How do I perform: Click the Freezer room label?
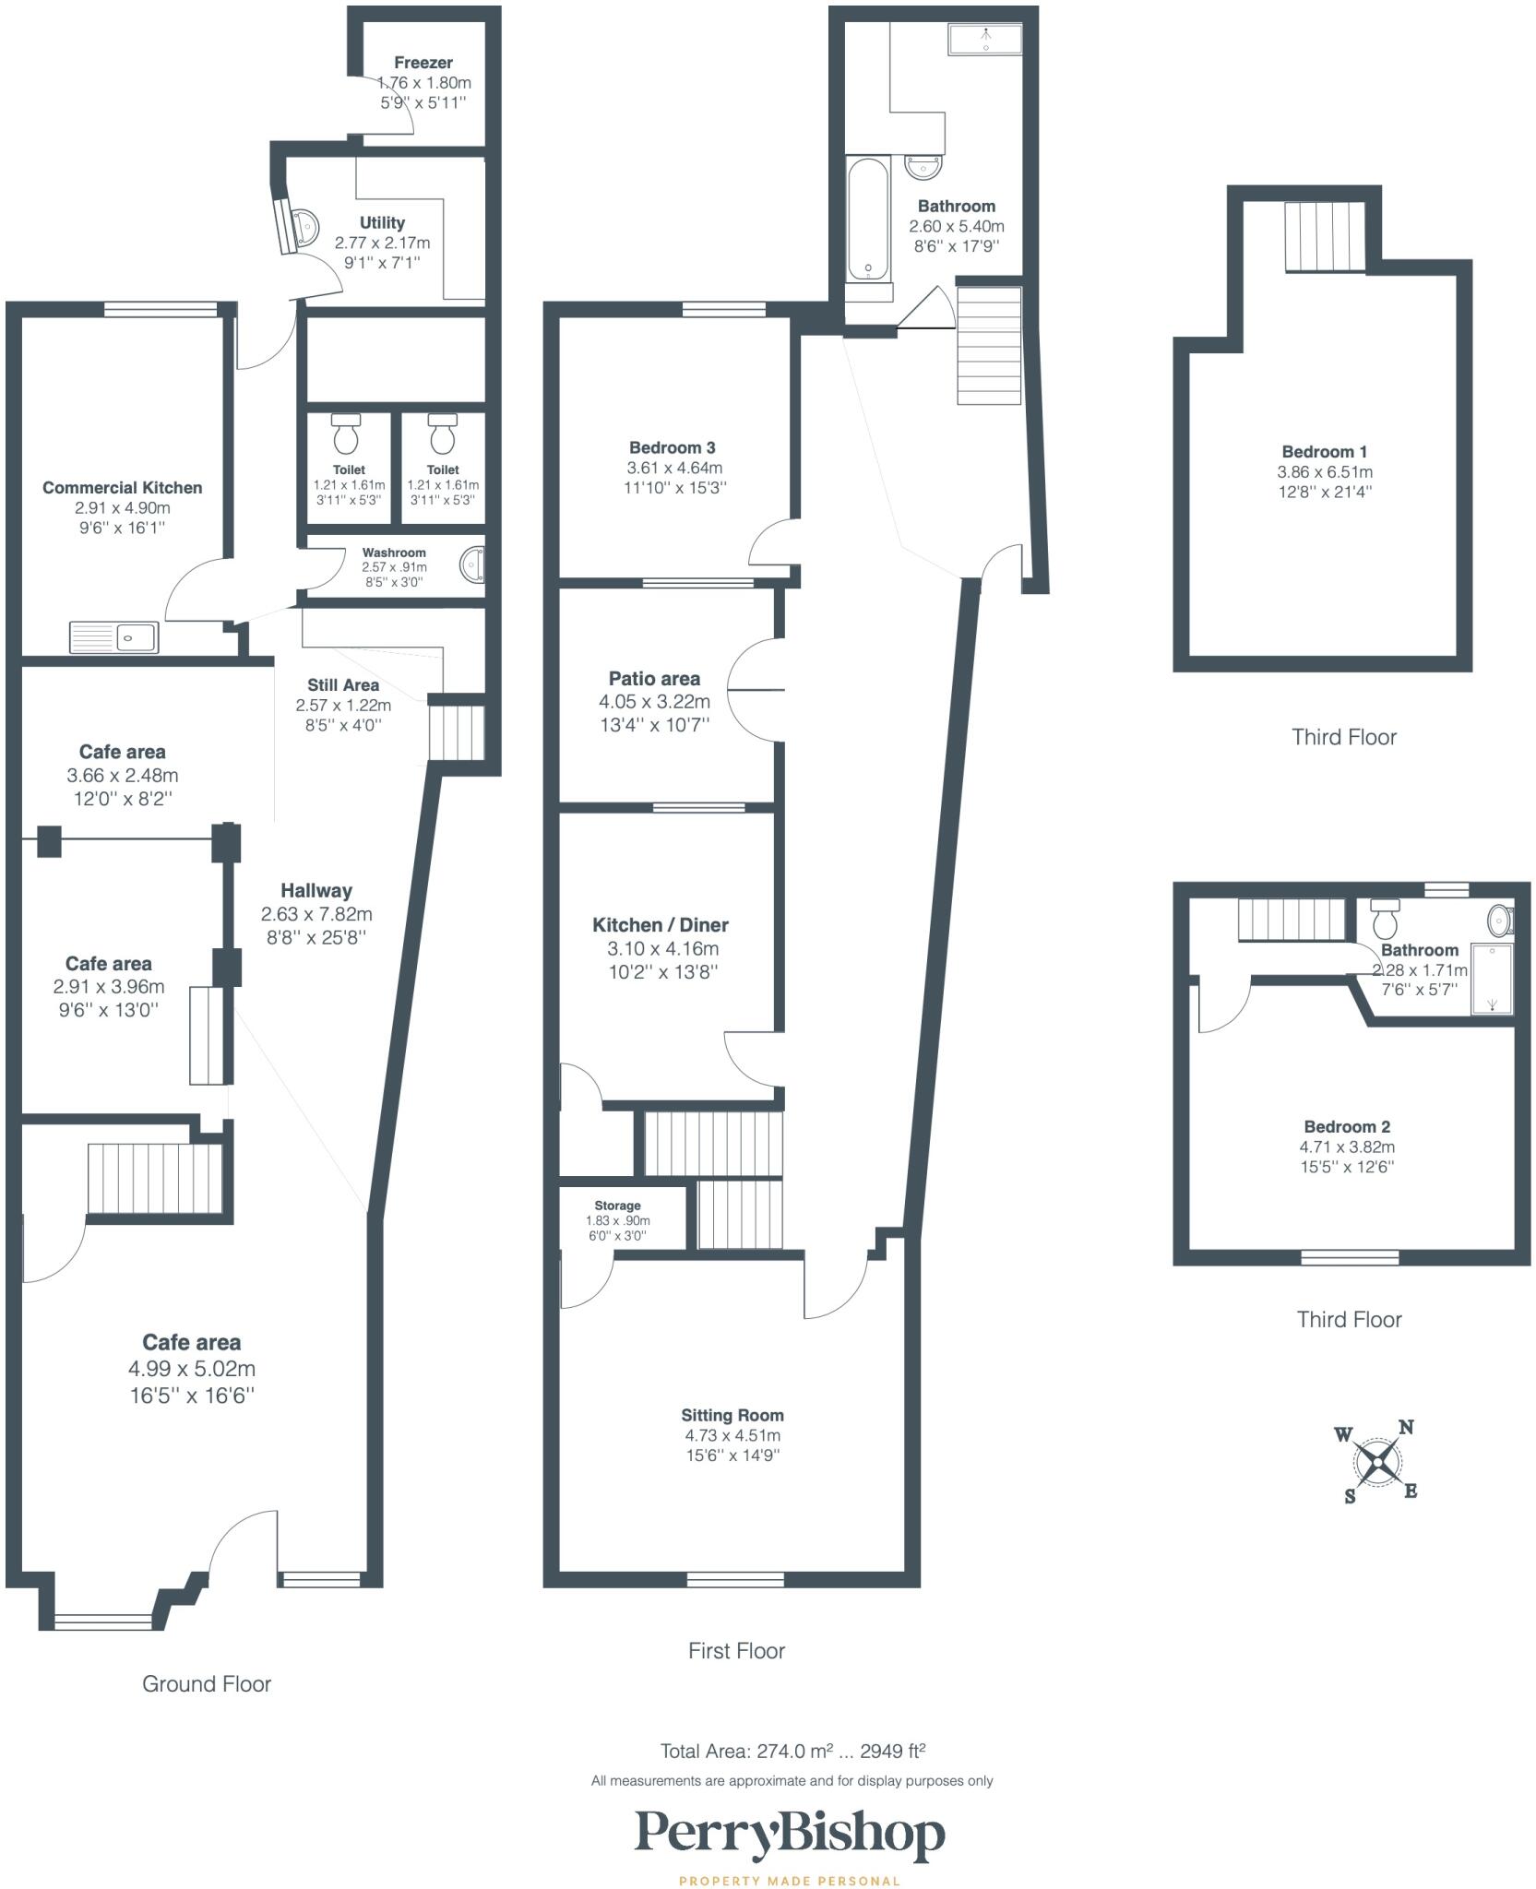423,63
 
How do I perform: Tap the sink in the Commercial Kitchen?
114,637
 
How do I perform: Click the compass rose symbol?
1376,1463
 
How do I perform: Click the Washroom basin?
472,565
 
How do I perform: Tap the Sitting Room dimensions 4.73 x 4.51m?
732,1435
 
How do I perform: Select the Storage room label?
617,1206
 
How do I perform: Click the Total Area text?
792,1751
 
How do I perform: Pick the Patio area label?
654,679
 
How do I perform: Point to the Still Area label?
343,685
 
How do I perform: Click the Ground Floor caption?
207,1683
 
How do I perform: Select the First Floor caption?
736,1650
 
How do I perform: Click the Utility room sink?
304,224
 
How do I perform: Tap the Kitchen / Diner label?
661,925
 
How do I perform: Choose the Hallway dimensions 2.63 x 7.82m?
316,914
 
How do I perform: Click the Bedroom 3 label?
673,447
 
